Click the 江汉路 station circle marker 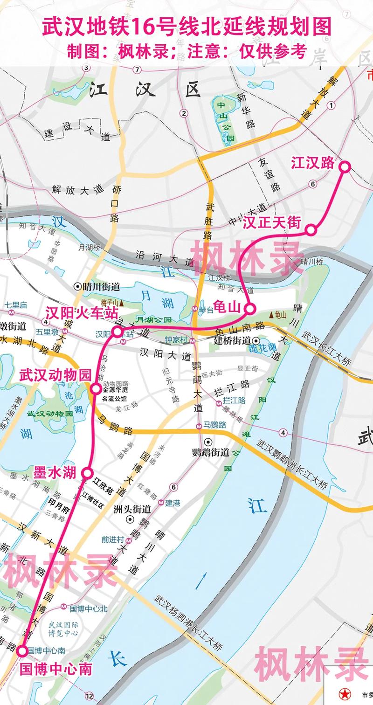coord(345,166)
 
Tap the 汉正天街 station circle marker coord(311,229)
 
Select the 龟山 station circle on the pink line coord(249,308)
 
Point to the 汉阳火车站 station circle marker coord(117,332)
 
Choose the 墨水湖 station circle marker coord(87,473)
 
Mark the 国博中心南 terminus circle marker coord(22,651)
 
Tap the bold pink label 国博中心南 coord(56,669)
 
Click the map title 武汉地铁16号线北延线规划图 coord(186,27)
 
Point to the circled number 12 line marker coord(89,697)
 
